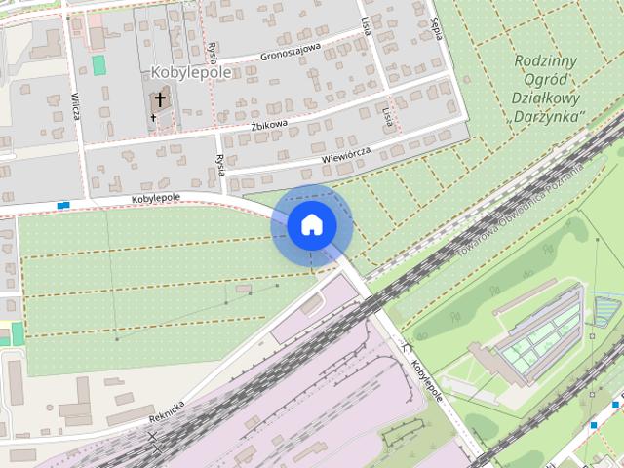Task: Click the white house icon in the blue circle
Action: point(311,225)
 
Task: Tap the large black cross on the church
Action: point(160,100)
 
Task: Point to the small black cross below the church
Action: point(153,119)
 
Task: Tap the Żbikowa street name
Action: point(269,125)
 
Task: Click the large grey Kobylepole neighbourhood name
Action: point(191,72)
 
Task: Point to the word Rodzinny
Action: point(547,61)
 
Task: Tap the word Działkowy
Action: point(546,98)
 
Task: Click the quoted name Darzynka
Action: point(547,117)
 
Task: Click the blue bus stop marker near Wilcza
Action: point(63,205)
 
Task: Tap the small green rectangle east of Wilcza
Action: point(98,64)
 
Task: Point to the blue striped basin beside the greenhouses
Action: point(606,311)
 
